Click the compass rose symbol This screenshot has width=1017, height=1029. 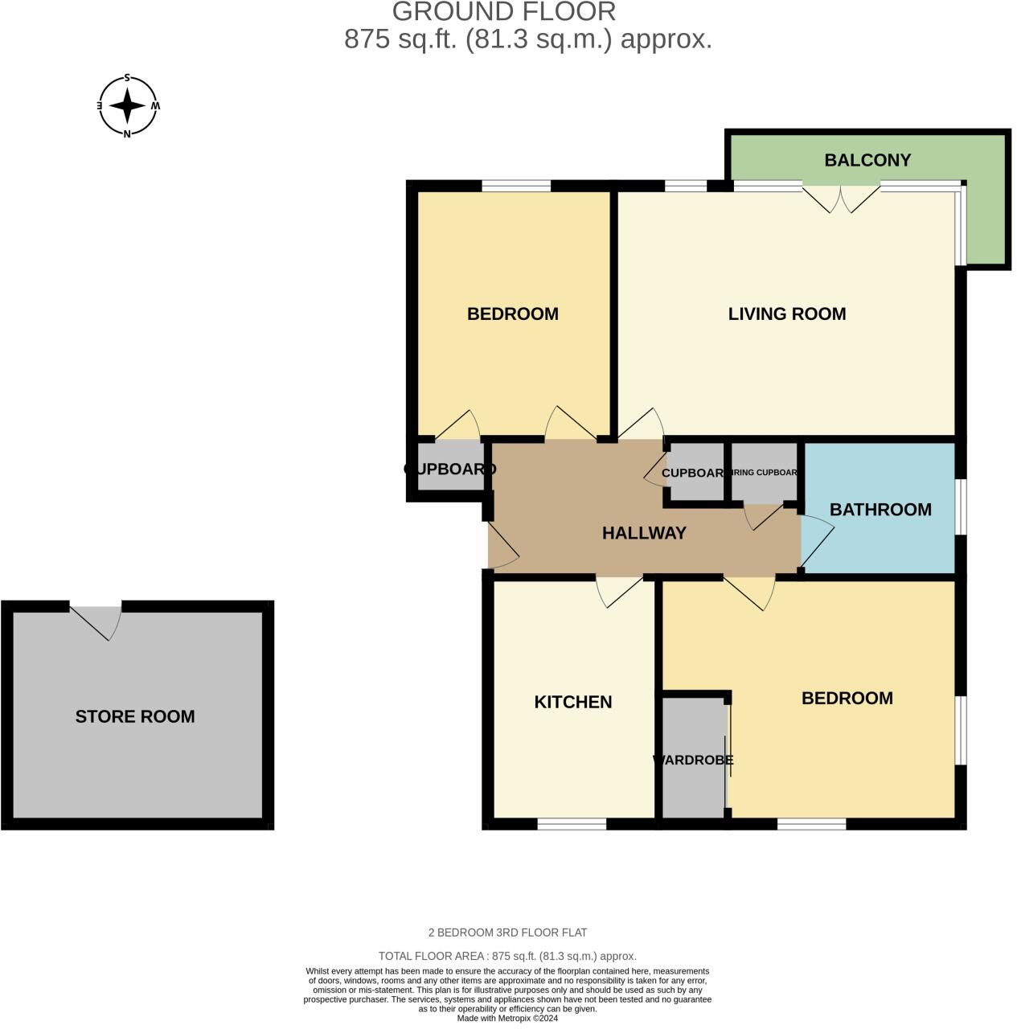(127, 106)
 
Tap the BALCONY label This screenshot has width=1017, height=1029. (867, 160)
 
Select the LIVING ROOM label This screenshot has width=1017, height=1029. (786, 314)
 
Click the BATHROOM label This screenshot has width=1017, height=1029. (880, 510)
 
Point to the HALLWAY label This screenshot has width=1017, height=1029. (644, 533)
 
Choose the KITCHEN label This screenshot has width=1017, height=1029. (573, 702)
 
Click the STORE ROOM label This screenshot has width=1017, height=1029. (135, 716)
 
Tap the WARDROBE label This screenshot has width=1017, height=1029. (693, 760)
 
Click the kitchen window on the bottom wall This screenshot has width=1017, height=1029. (572, 824)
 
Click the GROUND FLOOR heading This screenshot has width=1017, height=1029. (504, 12)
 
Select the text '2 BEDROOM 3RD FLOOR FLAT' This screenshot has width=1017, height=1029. (507, 933)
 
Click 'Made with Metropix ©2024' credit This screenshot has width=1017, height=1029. (507, 1018)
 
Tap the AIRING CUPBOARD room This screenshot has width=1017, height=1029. (764, 473)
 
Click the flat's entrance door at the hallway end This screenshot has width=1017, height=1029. (500, 547)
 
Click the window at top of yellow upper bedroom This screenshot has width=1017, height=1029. (516, 186)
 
